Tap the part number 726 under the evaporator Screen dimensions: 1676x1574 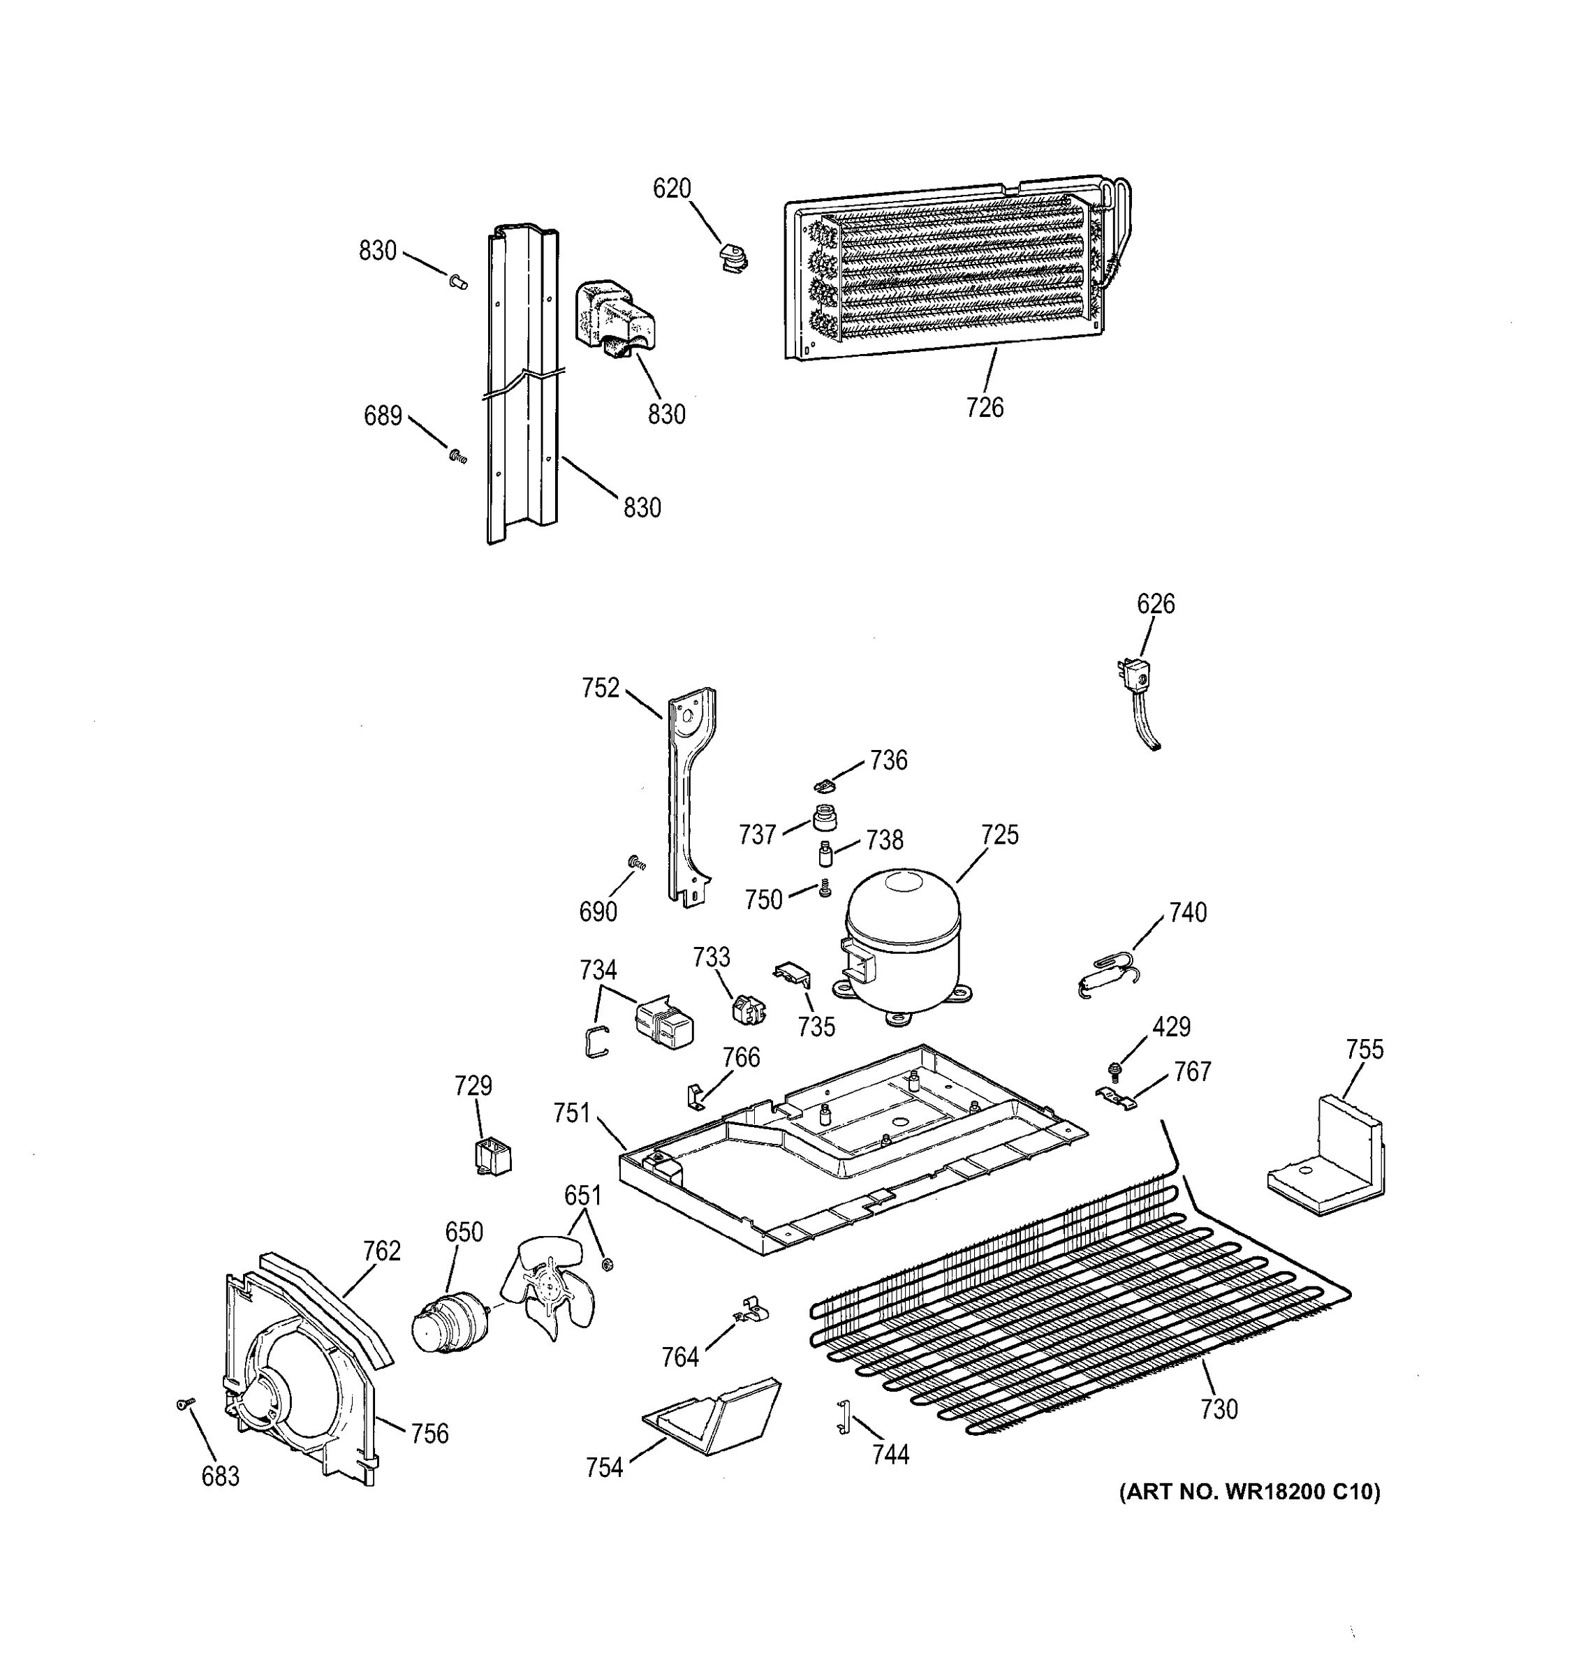tap(985, 408)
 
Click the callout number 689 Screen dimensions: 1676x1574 tap(383, 416)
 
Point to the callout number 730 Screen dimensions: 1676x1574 tap(1219, 1409)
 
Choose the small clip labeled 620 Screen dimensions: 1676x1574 tap(733, 258)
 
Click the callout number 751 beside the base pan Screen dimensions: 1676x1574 tap(572, 1114)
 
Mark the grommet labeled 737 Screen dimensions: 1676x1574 tap(825, 817)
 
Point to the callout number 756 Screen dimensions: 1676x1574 tap(430, 1433)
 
